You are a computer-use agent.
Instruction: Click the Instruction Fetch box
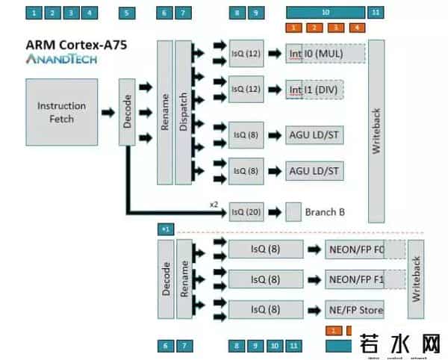(61, 112)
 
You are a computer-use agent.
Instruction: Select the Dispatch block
(184, 112)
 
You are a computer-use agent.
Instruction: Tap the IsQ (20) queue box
(246, 212)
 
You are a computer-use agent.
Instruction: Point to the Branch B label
(325, 212)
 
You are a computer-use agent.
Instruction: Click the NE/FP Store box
(355, 309)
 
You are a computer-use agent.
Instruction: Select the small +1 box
(166, 228)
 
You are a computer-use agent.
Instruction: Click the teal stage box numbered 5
(127, 13)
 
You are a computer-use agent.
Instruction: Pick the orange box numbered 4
(358, 28)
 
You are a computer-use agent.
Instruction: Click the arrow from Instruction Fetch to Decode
(109, 113)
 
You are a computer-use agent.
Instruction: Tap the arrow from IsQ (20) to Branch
(273, 213)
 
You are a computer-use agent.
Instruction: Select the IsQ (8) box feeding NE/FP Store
(265, 309)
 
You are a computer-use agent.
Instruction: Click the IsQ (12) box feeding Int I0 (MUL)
(246, 54)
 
